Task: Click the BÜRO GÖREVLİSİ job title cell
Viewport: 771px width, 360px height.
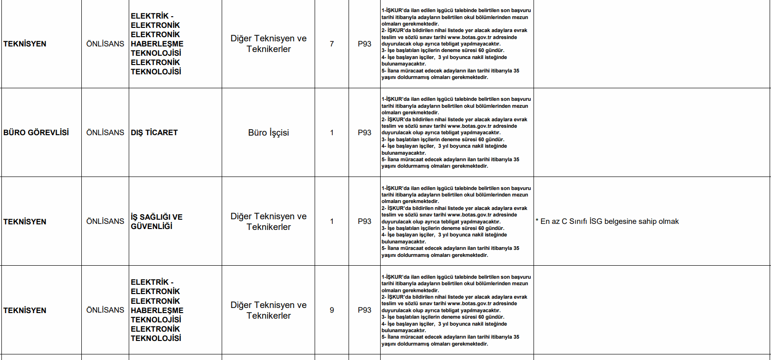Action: click(36, 132)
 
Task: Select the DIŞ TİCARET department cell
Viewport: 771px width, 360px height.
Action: click(154, 132)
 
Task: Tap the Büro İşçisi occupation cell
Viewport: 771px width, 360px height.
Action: click(268, 132)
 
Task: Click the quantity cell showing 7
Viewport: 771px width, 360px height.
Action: click(331, 44)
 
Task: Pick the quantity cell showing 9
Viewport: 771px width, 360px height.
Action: click(331, 310)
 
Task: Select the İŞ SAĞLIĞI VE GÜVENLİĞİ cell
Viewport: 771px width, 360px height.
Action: click(157, 222)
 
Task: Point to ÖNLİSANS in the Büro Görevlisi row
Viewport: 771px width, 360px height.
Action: click(105, 132)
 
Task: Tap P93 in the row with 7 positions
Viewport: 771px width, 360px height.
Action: click(364, 44)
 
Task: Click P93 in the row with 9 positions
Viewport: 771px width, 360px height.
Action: click(364, 310)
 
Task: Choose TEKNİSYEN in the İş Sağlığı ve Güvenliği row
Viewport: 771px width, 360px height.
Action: click(25, 222)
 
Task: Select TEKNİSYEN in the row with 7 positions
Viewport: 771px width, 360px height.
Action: click(25, 44)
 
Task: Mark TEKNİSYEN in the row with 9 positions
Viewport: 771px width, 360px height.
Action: click(25, 310)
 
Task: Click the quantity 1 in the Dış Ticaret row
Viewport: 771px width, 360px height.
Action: click(331, 132)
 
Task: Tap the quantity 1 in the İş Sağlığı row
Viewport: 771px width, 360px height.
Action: click(331, 221)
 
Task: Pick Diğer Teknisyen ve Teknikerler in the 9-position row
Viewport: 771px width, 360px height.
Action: click(268, 310)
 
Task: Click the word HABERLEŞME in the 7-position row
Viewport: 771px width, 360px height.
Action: click(157, 44)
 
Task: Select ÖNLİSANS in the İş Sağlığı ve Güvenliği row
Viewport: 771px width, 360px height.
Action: click(105, 221)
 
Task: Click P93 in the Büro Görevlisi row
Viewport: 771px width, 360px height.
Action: click(364, 132)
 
